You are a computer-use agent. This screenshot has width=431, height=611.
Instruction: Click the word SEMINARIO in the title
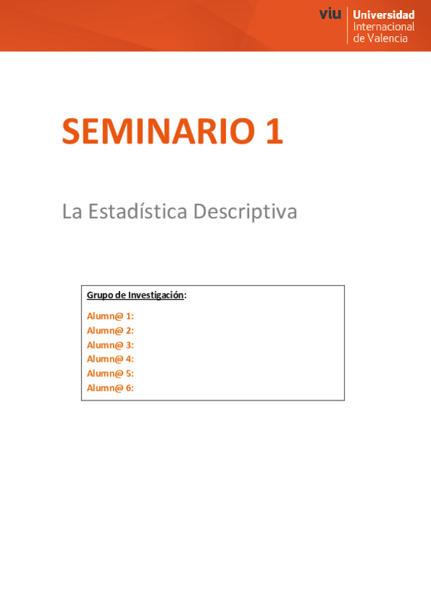(158, 131)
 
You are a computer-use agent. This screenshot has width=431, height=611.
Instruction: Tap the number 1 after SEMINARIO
(275, 131)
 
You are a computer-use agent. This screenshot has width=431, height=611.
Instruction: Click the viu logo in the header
(330, 14)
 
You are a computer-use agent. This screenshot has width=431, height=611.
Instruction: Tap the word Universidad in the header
(384, 15)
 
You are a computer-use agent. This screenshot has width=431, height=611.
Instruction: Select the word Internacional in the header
(384, 27)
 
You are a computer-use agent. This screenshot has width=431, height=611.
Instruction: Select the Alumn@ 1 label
(110, 316)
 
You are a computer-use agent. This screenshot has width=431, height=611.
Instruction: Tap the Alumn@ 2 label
(110, 331)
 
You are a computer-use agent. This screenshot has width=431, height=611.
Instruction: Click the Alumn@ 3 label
(110, 345)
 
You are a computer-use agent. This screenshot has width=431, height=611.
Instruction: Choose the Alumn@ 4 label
(110, 359)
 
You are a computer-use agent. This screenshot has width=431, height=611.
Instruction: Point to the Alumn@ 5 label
(110, 373)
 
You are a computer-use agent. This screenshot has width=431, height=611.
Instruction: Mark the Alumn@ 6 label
(110, 388)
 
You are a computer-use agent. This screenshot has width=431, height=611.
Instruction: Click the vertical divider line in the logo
(347, 26)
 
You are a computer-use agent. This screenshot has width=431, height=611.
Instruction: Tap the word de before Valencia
(358, 38)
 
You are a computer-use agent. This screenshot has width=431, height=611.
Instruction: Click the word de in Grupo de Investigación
(121, 295)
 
